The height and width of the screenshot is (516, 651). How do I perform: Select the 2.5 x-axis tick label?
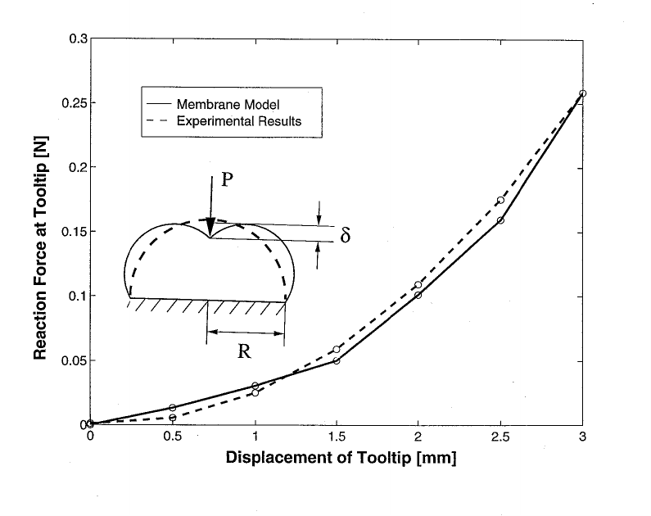click(x=500, y=437)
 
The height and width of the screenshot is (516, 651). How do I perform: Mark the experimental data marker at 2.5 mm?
click(x=500, y=201)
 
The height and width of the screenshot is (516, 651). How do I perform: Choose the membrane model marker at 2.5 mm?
click(x=500, y=220)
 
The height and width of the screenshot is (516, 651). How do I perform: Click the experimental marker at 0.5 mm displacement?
click(x=173, y=418)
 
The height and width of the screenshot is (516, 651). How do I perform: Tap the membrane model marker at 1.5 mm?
click(x=337, y=360)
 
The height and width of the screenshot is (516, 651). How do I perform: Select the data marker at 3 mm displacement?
click(x=582, y=93)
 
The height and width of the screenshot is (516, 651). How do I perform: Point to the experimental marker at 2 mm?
click(x=418, y=285)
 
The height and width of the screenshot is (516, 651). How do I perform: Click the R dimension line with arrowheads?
click(x=246, y=332)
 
